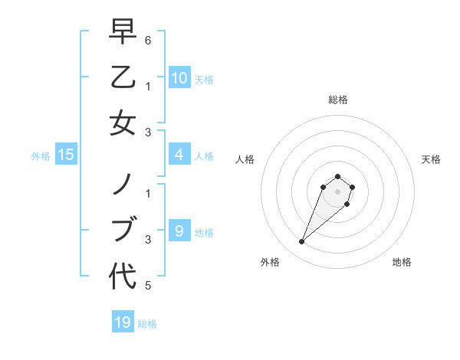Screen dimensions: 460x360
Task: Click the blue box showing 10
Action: (179, 78)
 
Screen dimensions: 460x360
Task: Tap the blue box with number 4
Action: (179, 155)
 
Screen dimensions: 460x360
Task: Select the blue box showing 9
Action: (179, 231)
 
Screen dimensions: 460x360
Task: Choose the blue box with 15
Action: (66, 155)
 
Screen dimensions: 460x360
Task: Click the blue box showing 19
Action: (123, 322)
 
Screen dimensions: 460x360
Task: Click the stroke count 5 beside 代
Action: (147, 286)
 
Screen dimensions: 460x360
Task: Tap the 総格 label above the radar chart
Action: (337, 100)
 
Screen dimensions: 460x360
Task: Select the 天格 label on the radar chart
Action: (431, 159)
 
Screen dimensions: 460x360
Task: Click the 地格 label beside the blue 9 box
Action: (204, 232)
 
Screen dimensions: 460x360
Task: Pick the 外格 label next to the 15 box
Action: (41, 156)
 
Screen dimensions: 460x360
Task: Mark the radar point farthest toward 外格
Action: (302, 242)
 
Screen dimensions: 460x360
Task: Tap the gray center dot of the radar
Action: (337, 191)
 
